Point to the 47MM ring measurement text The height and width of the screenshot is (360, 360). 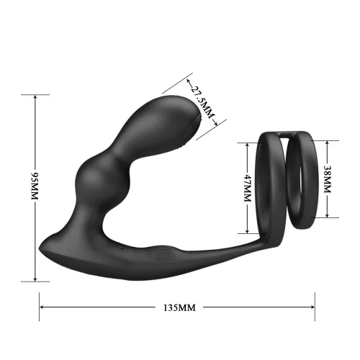click(x=246, y=189)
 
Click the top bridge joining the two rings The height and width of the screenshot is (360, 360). click(x=289, y=134)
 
